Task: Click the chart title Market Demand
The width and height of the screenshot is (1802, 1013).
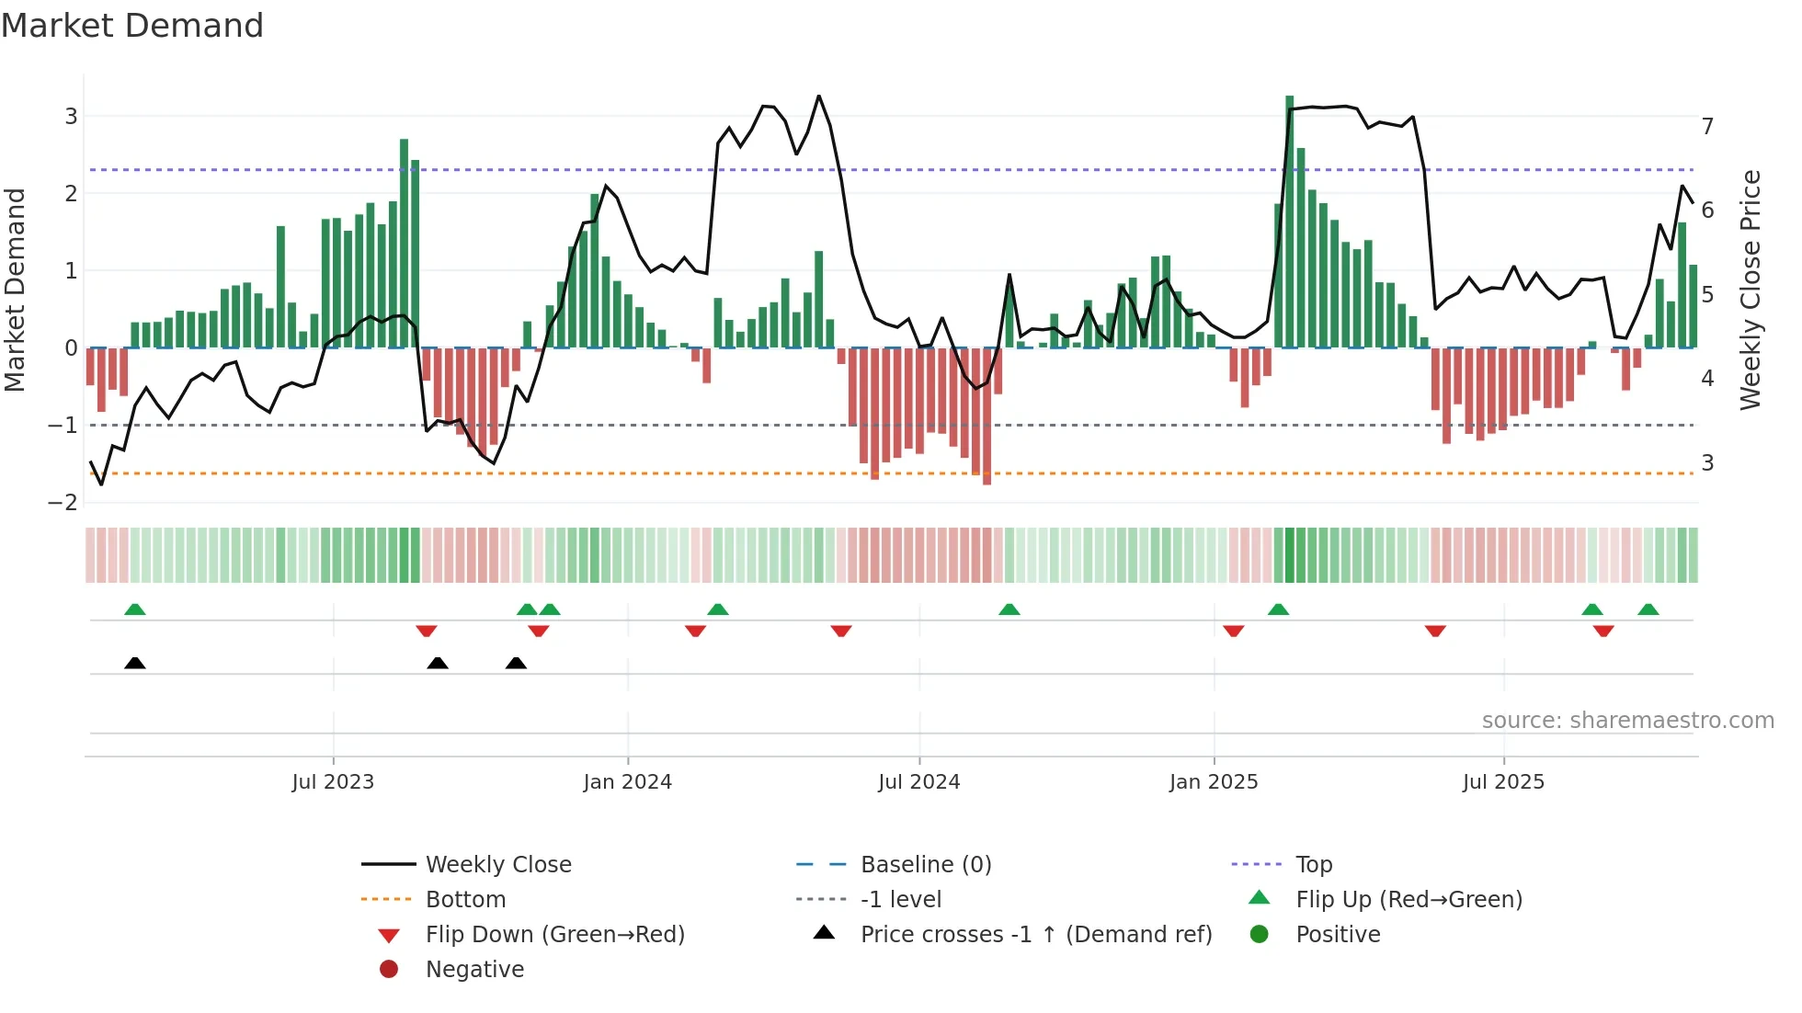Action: click(132, 26)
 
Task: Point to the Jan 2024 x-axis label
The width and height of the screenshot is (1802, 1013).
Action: click(627, 782)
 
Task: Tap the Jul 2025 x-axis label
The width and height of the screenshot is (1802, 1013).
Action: click(1503, 782)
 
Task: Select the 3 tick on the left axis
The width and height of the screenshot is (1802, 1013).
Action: click(71, 116)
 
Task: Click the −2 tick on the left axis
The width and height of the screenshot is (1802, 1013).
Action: click(63, 502)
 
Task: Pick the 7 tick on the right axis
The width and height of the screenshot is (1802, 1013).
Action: click(1707, 126)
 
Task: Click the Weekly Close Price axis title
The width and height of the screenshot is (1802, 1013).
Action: click(1751, 290)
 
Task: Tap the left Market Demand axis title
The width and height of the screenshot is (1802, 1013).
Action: click(16, 290)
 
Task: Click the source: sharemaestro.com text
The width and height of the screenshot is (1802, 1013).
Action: click(1627, 721)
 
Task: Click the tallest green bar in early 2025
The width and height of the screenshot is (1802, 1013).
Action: click(1289, 221)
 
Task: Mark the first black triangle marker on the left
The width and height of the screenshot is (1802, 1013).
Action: click(135, 663)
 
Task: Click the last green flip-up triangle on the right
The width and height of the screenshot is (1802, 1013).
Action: click(1648, 609)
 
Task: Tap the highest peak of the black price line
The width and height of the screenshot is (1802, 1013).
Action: click(818, 97)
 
